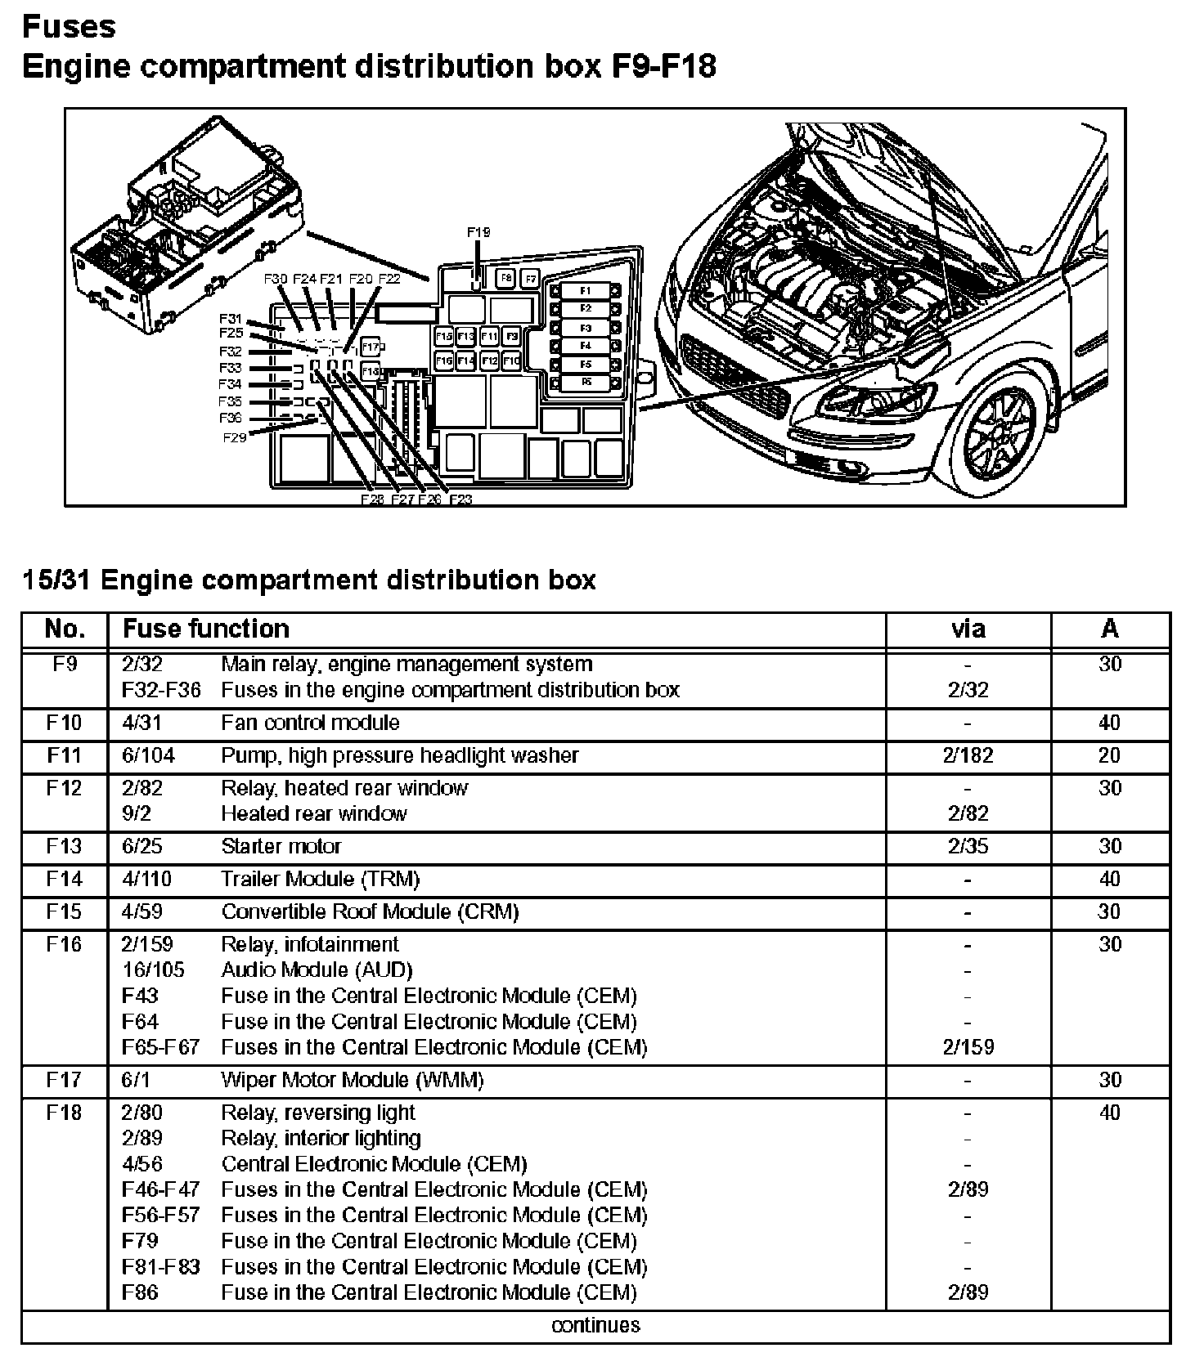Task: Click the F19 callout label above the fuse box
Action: [x=478, y=232]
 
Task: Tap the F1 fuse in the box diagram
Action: [x=585, y=291]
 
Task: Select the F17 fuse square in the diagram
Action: [x=371, y=347]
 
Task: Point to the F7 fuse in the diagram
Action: [x=530, y=279]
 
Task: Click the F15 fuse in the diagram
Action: [x=444, y=336]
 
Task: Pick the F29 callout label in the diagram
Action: [x=234, y=437]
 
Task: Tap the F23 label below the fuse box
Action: [x=460, y=499]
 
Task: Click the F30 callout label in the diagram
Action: [x=276, y=279]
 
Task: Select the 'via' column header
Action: [x=968, y=629]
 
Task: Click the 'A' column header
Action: [x=1109, y=629]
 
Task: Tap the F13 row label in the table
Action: [x=64, y=846]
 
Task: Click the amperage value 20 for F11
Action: [x=1109, y=755]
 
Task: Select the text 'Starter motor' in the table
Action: [x=281, y=846]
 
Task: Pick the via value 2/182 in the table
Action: [x=968, y=755]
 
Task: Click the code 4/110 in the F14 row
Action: [x=146, y=879]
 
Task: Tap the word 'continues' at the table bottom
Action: [x=595, y=1325]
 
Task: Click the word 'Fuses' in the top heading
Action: [x=69, y=27]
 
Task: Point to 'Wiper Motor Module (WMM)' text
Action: [x=352, y=1080]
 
